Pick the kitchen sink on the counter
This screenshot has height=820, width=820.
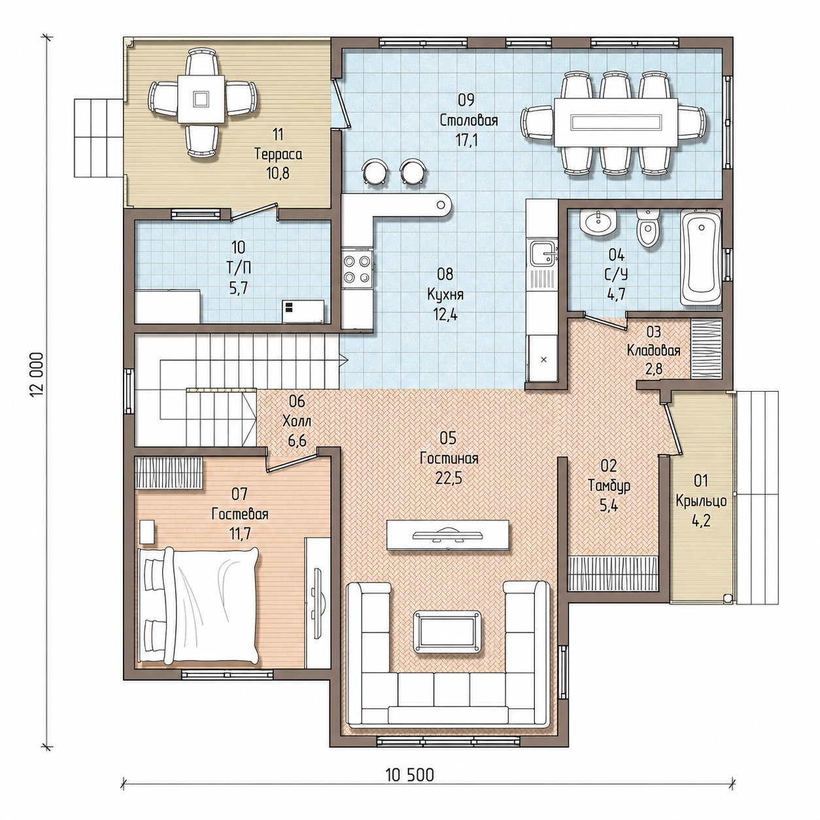(x=541, y=254)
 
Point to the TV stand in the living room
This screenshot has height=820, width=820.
(x=447, y=535)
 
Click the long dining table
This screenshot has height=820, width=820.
(x=615, y=122)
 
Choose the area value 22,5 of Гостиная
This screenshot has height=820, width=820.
(x=449, y=478)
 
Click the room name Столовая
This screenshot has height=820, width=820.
(x=468, y=120)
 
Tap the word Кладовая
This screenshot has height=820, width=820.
(x=654, y=350)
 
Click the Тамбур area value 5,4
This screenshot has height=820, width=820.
(x=609, y=506)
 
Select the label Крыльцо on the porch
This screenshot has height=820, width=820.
(x=701, y=502)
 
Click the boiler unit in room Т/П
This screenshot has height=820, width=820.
(x=303, y=312)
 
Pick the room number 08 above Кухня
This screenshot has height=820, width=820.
(x=445, y=274)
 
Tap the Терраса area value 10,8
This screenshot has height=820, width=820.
(x=279, y=173)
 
